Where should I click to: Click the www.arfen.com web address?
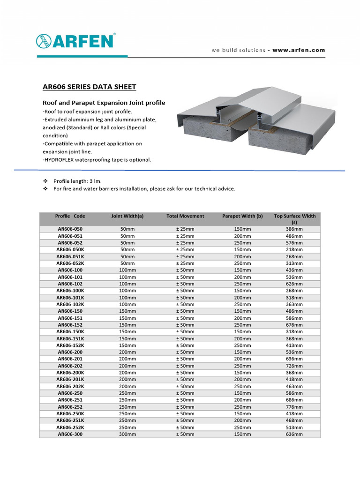point(298,50)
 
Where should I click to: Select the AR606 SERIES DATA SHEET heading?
point(89,87)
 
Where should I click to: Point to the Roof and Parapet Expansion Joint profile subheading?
point(104,103)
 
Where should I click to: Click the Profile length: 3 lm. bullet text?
point(77,181)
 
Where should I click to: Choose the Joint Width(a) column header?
point(127,216)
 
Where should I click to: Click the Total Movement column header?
point(185,216)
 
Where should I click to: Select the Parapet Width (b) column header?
point(242,216)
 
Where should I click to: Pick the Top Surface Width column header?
point(294,216)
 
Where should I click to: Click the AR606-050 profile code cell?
point(70,229)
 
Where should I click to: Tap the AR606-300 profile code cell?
point(70,434)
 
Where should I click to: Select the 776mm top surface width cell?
point(294,407)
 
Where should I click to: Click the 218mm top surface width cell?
point(294,250)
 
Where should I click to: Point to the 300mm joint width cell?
point(127,434)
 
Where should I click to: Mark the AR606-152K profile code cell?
point(70,345)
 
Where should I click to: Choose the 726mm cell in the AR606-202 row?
point(294,366)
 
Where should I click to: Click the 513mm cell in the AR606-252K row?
point(294,427)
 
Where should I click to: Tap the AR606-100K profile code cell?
point(70,291)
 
